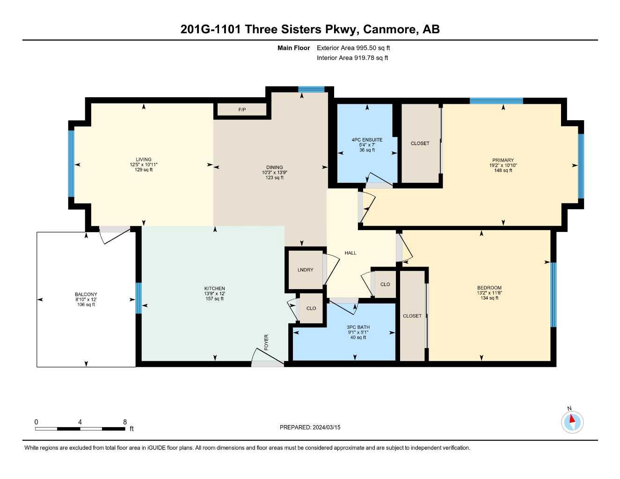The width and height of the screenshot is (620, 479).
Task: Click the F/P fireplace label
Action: coord(242,110)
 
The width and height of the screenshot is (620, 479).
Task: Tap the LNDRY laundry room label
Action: coord(305,270)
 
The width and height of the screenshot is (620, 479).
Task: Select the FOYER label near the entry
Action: coord(266,342)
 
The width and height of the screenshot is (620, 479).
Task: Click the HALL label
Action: coord(350,253)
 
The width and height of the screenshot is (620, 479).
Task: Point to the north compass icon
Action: coord(572,422)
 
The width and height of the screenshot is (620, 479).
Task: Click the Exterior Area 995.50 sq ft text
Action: coord(353,48)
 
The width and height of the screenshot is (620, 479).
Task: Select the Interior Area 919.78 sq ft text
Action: coord(352,58)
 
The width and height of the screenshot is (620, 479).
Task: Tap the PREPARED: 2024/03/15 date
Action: coord(310,427)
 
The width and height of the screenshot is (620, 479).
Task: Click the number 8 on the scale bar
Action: coord(125,422)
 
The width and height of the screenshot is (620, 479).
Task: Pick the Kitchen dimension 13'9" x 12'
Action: coord(215,294)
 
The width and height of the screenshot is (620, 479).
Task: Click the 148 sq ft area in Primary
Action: coord(503,171)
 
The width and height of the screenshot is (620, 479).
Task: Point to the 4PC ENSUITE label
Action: coord(367,140)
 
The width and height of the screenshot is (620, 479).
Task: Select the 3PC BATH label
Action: coord(358,327)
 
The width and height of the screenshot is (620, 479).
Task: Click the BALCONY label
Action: coord(86,295)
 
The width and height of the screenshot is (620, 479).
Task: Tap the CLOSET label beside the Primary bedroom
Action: coord(420,144)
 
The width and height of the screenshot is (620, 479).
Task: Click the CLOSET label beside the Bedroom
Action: coord(412,316)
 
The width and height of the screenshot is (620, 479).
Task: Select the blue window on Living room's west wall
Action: coord(71,164)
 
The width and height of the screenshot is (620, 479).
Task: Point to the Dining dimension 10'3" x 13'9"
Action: coord(275,173)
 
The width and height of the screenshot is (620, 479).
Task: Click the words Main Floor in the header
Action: coord(293,48)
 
